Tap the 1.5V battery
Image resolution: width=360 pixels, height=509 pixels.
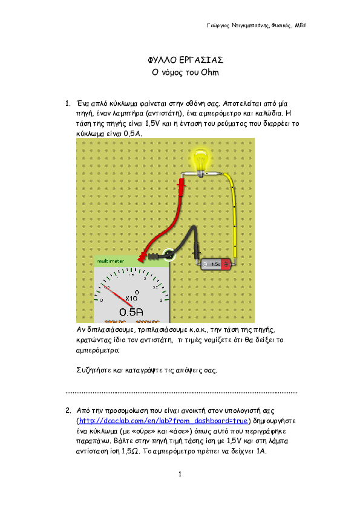pos(216,264)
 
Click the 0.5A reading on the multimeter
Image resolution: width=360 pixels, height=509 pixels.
pos(131,312)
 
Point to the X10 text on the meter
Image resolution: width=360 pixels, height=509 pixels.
pos(131,298)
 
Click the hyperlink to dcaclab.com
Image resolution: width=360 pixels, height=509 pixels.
pos(163,421)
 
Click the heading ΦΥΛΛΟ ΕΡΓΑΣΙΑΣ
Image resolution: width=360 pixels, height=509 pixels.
pos(186,60)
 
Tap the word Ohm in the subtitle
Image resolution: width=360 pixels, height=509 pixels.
pos(210,72)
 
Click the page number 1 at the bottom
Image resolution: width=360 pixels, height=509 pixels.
pos(180,475)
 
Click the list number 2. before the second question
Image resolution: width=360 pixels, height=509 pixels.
pos(68,410)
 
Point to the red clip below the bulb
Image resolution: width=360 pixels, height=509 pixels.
pos(182,187)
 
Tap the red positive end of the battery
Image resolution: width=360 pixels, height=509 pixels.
pos(226,264)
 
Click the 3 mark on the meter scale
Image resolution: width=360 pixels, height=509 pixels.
pos(161,300)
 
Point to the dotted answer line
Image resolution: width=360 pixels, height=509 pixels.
pos(182,392)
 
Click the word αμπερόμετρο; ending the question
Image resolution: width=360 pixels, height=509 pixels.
pos(98,350)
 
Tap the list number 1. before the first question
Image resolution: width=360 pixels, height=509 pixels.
pos(68,103)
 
